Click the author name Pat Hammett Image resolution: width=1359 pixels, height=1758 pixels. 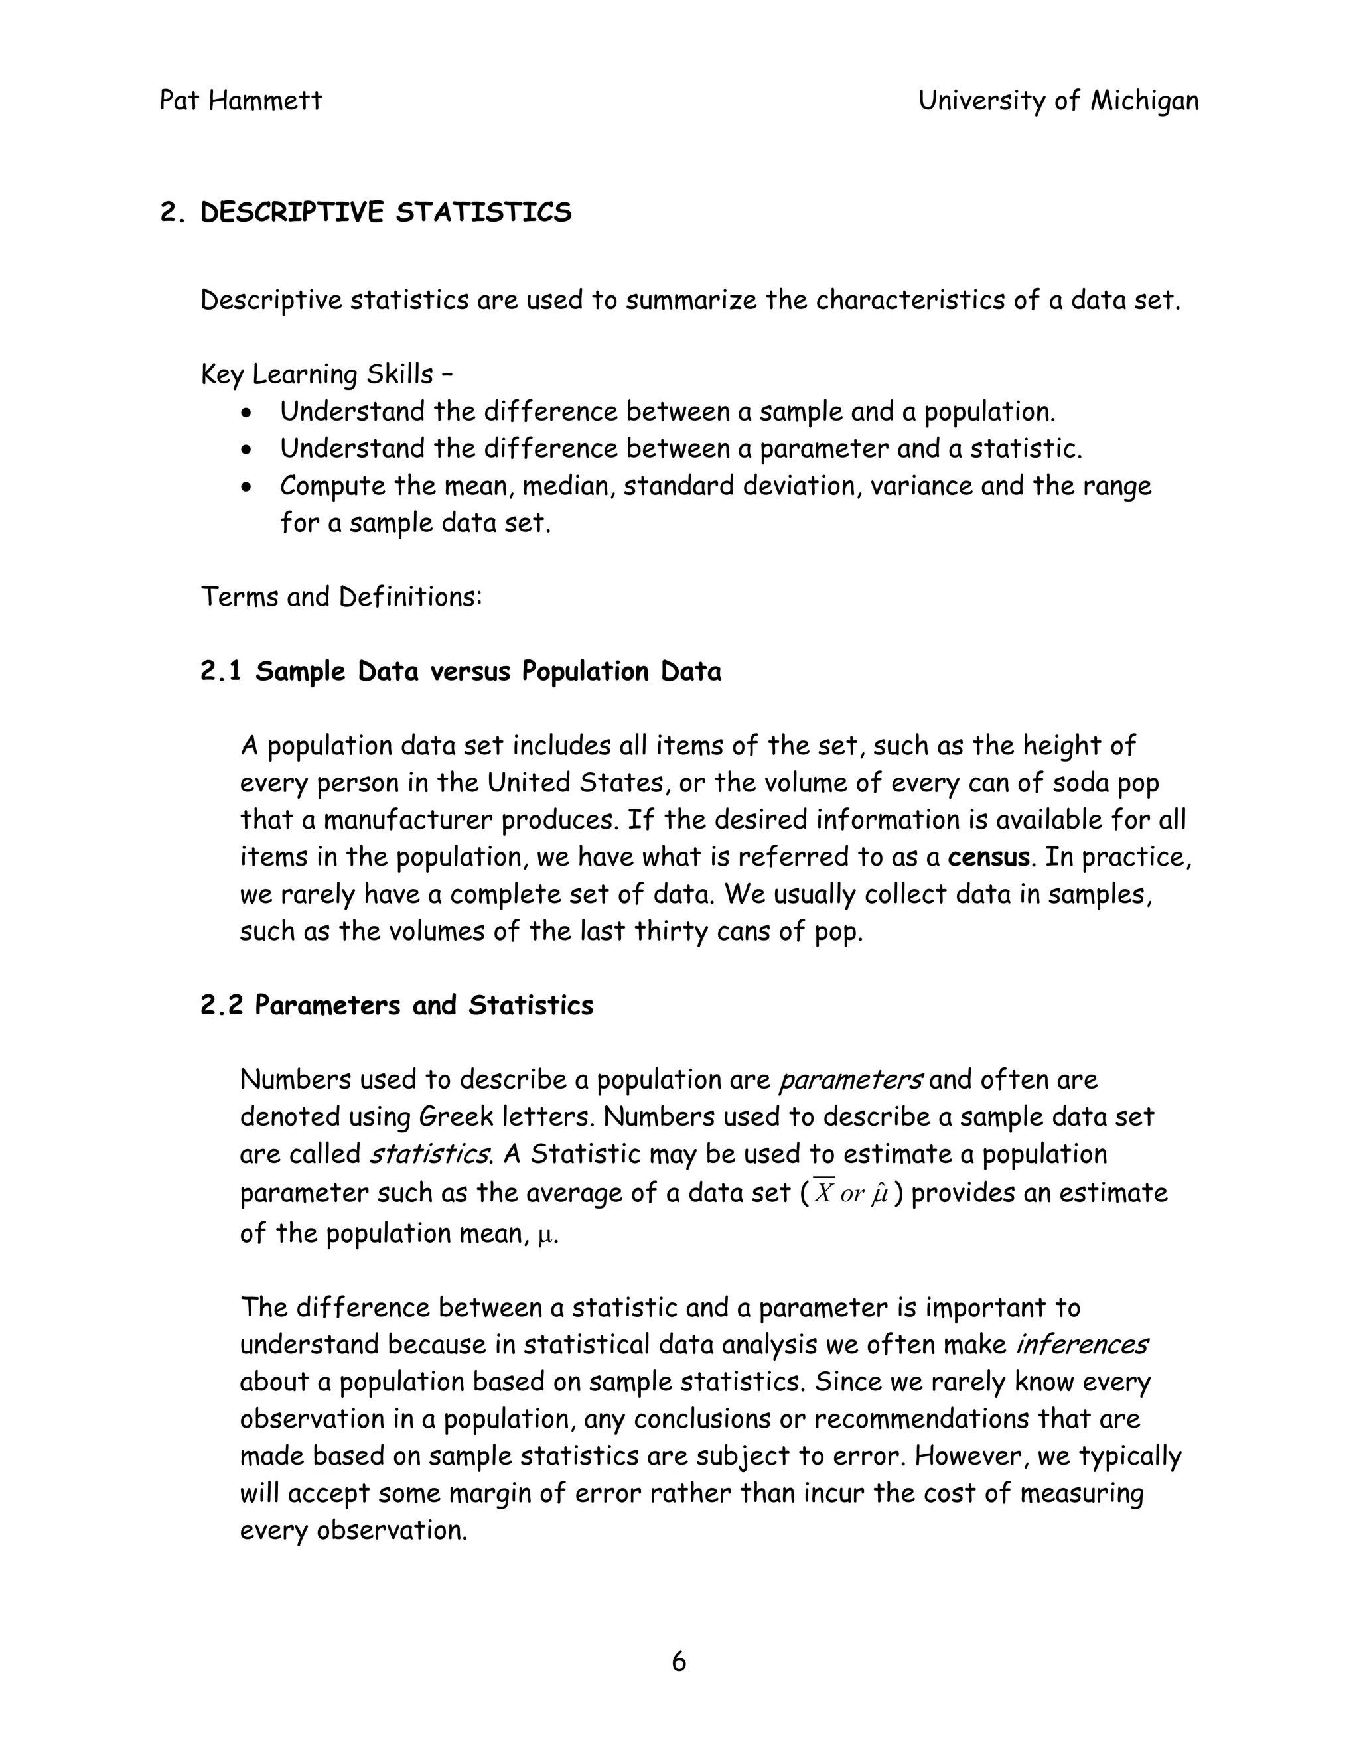pyautogui.click(x=241, y=101)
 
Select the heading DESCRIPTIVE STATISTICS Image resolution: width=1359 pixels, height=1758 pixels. pyautogui.click(x=386, y=212)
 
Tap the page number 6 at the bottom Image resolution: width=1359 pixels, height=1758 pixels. pyautogui.click(x=679, y=1661)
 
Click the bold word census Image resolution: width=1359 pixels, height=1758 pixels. pyautogui.click(x=988, y=856)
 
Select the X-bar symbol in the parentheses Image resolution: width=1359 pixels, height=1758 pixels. pyautogui.click(x=823, y=1193)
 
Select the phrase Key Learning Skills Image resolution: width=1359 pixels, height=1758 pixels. pyautogui.click(x=317, y=374)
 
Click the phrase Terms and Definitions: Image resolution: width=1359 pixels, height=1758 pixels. pyautogui.click(x=340, y=597)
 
